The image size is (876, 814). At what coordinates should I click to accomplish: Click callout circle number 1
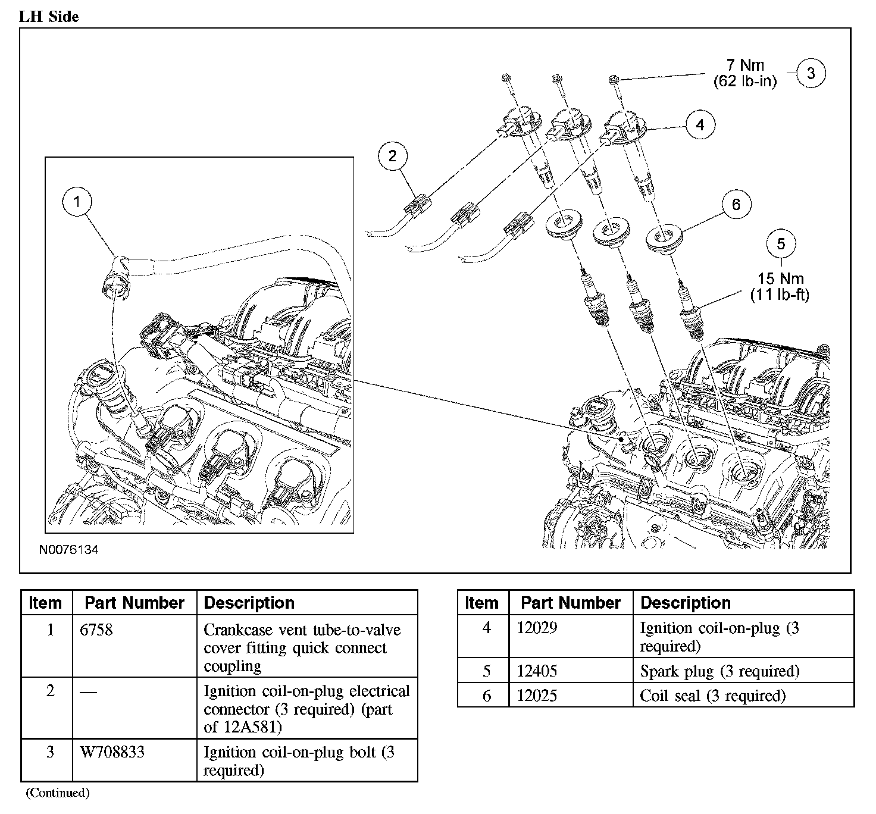tap(77, 202)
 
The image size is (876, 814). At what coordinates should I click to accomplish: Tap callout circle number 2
tap(392, 156)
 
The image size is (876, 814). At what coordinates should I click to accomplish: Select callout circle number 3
tap(811, 74)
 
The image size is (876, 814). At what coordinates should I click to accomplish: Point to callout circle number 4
tap(700, 125)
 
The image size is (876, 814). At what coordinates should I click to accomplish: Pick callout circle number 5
tap(781, 243)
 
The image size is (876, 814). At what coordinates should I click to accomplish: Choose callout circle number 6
tap(736, 205)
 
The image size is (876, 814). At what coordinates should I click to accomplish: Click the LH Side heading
tap(49, 17)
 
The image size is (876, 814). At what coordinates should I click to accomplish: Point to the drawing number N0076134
tap(68, 550)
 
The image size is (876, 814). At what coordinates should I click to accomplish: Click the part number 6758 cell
tap(96, 630)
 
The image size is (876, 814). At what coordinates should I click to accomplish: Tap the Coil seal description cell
tap(712, 696)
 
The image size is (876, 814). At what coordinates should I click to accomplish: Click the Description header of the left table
tap(249, 603)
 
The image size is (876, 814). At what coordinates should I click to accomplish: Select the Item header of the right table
tap(481, 603)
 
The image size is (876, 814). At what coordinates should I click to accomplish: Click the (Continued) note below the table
tap(58, 793)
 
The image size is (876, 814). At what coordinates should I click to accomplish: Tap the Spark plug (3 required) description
tap(719, 671)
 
